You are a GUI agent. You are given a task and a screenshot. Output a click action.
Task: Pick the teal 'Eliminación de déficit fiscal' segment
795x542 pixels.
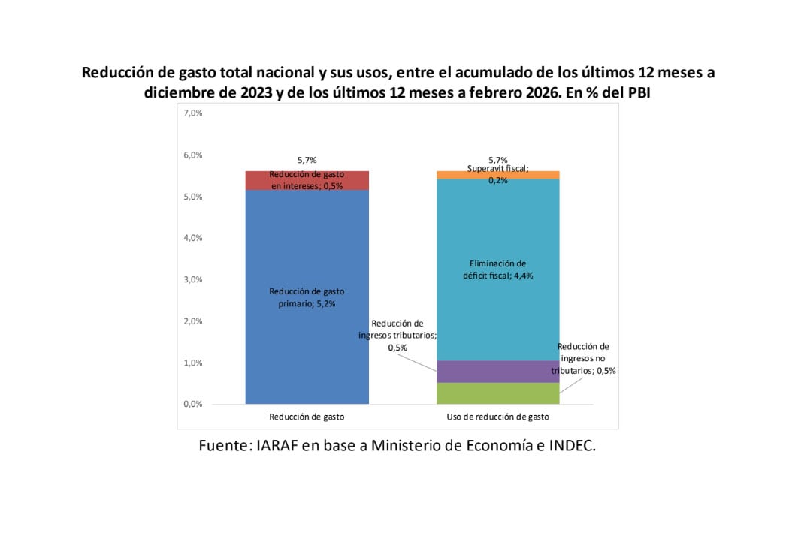click(x=497, y=225)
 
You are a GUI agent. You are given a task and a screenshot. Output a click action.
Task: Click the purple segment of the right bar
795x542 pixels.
click(x=497, y=371)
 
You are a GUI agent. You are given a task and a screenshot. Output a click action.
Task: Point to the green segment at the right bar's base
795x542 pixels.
click(x=497, y=393)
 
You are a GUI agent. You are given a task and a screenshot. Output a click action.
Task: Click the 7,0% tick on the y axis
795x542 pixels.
click(x=192, y=113)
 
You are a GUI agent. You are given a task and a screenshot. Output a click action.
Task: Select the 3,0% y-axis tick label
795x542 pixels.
click(x=192, y=279)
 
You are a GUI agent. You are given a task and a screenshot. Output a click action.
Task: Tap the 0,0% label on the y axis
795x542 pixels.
click(x=192, y=404)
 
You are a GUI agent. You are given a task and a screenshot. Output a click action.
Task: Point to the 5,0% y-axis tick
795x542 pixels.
click(x=192, y=197)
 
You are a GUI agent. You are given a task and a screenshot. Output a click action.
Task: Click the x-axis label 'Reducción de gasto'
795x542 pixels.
click(x=307, y=416)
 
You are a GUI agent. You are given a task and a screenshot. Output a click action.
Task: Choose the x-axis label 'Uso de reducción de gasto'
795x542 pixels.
click(x=497, y=416)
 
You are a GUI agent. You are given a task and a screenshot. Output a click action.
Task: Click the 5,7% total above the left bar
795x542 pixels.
click(x=307, y=160)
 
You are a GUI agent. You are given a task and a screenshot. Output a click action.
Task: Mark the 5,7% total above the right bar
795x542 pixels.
click(x=497, y=160)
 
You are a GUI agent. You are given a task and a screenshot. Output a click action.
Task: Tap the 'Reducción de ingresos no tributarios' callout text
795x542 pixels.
click(x=583, y=358)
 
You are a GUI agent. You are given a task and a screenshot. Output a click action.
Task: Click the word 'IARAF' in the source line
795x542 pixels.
click(x=279, y=445)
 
